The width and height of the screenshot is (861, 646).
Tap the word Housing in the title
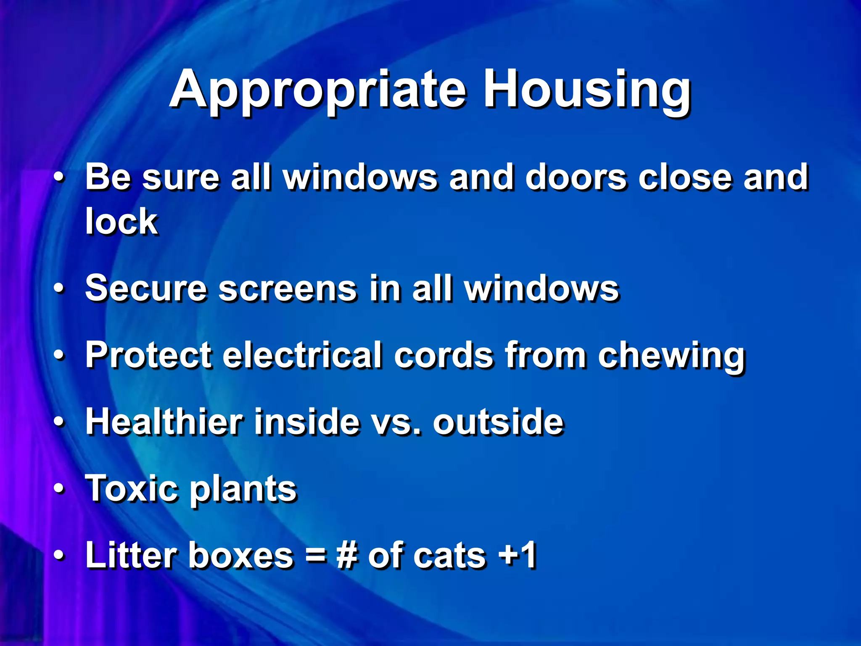[x=587, y=90]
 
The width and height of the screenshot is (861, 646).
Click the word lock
[x=121, y=222]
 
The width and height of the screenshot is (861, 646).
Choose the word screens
[x=288, y=289]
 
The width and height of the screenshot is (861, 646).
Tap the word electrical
[x=302, y=355]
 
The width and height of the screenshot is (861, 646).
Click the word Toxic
[x=132, y=489]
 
